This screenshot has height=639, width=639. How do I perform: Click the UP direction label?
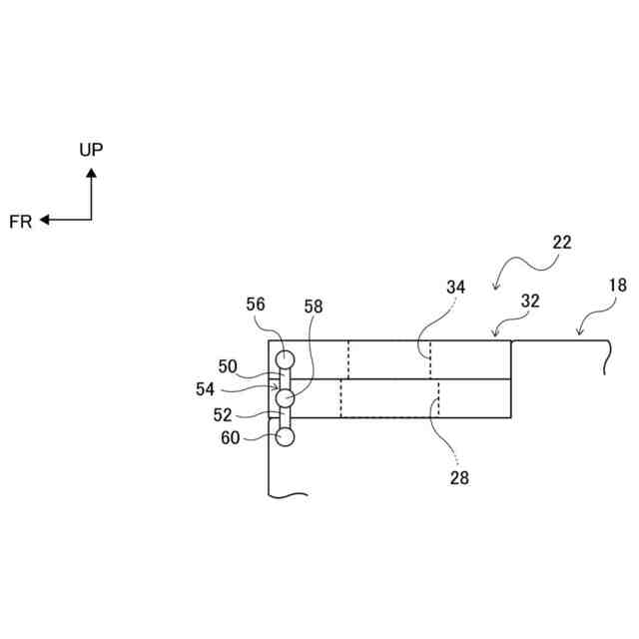91,150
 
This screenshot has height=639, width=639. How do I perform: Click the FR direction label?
20,222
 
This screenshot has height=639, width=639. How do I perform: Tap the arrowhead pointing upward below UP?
91,173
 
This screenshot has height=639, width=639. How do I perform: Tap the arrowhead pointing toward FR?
45,220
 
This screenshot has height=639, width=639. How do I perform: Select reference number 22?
561,242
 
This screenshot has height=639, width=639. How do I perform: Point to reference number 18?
618,285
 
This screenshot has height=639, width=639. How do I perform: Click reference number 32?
530,300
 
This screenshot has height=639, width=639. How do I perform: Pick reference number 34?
455,288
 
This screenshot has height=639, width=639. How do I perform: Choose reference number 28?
458,477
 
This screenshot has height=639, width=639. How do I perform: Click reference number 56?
256,305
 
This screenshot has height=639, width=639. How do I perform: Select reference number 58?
314,308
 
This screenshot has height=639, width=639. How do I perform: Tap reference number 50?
228,366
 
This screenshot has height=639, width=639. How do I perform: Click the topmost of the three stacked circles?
287,358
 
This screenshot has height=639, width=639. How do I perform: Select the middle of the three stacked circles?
285,398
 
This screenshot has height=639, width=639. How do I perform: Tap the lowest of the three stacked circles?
286,436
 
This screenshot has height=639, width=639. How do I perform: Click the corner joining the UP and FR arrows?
91,220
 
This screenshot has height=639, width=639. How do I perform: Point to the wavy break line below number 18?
606,359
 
